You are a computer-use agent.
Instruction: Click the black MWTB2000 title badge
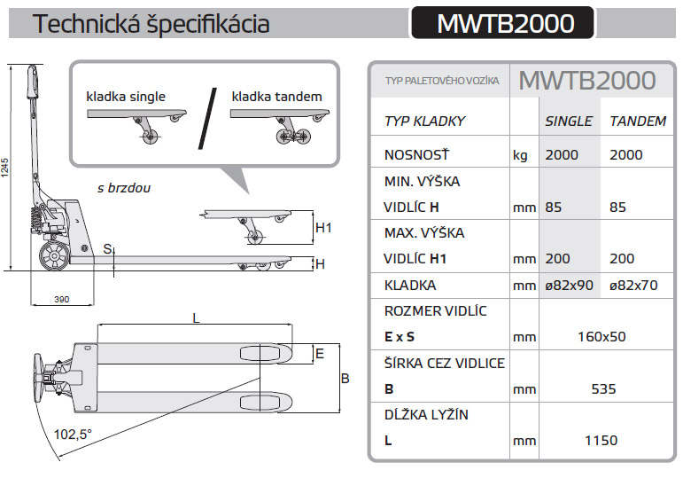point(505,23)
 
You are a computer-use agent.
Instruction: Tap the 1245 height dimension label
point(6,168)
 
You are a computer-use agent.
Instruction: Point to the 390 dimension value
point(61,300)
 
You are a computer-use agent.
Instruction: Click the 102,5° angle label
point(73,435)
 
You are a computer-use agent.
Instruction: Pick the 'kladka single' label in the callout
point(126,96)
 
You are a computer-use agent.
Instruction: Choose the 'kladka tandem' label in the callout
point(276,96)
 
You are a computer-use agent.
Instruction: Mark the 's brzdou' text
point(124,188)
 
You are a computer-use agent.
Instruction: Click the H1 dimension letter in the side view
point(323,228)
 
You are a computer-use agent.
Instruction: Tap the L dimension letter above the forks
point(196,317)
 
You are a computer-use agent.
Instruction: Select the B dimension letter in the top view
point(345,379)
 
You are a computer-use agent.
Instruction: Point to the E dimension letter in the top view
point(320,353)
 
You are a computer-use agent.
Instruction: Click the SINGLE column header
point(568,121)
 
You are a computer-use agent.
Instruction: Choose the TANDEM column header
point(638,121)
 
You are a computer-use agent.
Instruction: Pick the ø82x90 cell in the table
point(568,286)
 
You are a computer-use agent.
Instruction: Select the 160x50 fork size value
point(602,337)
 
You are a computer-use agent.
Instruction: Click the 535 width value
point(602,388)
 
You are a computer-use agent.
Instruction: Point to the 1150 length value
point(602,440)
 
